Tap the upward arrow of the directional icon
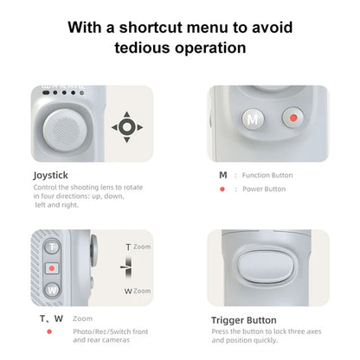pos(126,114)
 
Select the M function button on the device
pos(253,119)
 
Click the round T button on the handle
pos(52,247)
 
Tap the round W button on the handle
pos(52,290)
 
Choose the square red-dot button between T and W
pos(52,268)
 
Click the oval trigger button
pos(266,267)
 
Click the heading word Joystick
pos(51,176)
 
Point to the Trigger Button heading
pos(244,320)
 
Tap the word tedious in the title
pos(142,48)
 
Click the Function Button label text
pos(267,175)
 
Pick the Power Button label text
pos(264,189)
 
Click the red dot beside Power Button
pos(222,190)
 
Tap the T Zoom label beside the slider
pos(138,247)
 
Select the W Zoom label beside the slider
pos(138,291)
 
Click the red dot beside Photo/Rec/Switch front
pos(49,331)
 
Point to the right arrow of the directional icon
pos(139,127)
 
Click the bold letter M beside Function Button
pos(223,175)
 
